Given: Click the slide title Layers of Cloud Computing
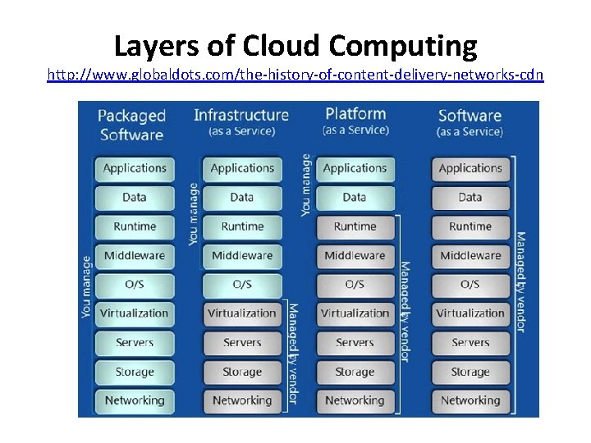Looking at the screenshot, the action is click(x=295, y=46).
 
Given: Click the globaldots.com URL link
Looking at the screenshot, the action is click(x=295, y=75).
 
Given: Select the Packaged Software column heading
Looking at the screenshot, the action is click(x=131, y=125).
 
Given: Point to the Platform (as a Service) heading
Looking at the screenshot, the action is click(x=355, y=120).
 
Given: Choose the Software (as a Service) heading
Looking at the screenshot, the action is click(x=470, y=122).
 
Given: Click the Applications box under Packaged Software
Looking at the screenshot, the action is click(x=135, y=168).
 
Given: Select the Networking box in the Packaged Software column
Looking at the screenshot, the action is click(x=135, y=400).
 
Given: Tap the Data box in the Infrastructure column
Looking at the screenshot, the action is click(x=241, y=197).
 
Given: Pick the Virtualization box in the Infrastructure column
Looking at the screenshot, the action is click(x=241, y=313).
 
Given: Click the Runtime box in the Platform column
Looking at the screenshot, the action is click(x=355, y=226).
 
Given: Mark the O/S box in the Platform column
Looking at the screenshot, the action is click(x=355, y=285).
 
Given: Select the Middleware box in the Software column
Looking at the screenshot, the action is click(x=470, y=255).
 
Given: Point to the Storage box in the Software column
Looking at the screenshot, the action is click(x=470, y=372).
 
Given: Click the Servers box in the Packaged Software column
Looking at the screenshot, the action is click(x=135, y=342).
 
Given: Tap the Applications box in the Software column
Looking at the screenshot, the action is click(x=470, y=168).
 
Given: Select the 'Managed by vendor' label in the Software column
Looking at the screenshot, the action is click(x=520, y=281).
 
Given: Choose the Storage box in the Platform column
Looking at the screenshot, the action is click(x=355, y=372).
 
